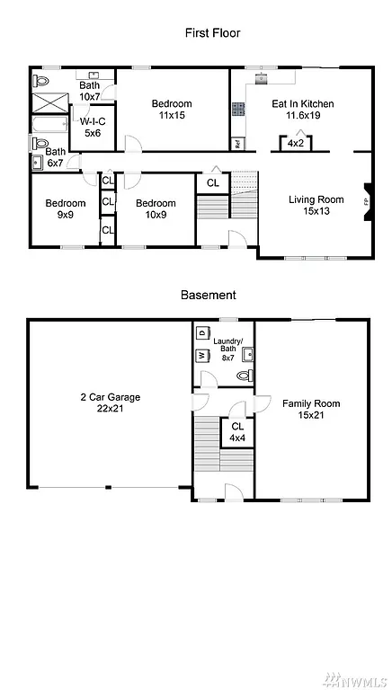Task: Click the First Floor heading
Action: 212,32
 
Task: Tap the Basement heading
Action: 208,295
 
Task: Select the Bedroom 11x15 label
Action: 171,110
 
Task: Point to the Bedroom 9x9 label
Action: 66,208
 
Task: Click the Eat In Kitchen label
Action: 303,110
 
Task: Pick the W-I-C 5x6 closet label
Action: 93,127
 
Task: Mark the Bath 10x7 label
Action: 89,91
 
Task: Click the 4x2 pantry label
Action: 295,144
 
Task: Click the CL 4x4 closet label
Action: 237,432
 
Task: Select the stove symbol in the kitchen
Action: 239,110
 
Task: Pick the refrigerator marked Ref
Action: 236,143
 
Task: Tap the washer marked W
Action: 201,356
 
